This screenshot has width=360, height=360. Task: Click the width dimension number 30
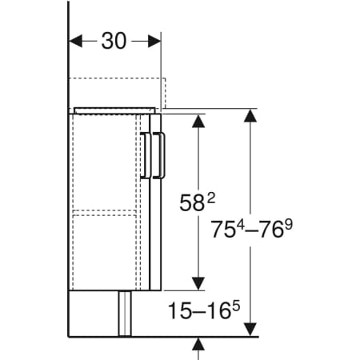pos(114,41)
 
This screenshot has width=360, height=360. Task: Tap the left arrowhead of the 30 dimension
pos(75,41)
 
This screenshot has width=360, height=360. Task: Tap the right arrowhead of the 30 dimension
pos(154,41)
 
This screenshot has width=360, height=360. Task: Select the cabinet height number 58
pos(191,203)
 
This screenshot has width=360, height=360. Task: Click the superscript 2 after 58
pos(210,198)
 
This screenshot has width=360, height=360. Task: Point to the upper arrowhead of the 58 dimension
pos(198,121)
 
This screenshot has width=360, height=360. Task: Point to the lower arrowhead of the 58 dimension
pos(198,283)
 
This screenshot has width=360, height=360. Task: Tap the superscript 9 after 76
pos(288,225)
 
